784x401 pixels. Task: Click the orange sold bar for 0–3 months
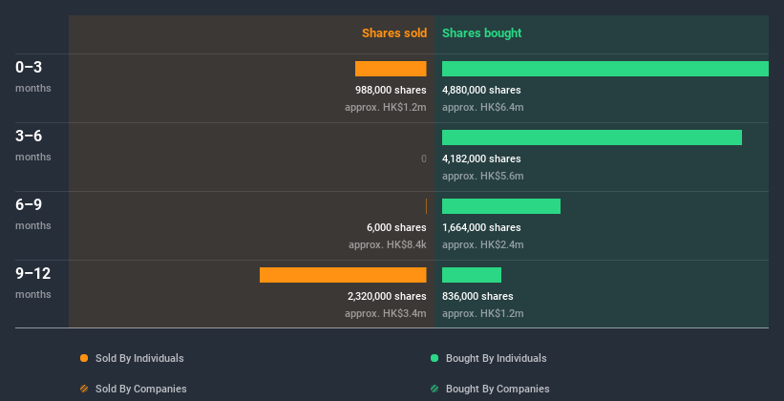pyautogui.click(x=391, y=69)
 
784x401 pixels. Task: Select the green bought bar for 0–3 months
pyautogui.click(x=604, y=69)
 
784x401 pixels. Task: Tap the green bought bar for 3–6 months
pyautogui.click(x=591, y=137)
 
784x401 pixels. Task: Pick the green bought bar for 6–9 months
pyautogui.click(x=500, y=206)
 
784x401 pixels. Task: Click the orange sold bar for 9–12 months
pyautogui.click(x=343, y=275)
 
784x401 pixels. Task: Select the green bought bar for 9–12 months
pyautogui.click(x=471, y=275)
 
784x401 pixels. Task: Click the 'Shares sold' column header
pyautogui.click(x=393, y=33)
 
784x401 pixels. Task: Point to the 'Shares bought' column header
pyautogui.click(x=481, y=33)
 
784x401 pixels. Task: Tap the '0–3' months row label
pyautogui.click(x=29, y=68)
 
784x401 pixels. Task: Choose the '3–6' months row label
pyautogui.click(x=29, y=137)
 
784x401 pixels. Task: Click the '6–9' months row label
pyautogui.click(x=29, y=205)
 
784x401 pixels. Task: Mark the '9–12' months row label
pyautogui.click(x=32, y=274)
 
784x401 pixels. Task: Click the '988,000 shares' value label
pyautogui.click(x=391, y=90)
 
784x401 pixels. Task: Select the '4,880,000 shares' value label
pyautogui.click(x=481, y=90)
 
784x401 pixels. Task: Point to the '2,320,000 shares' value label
pyautogui.click(x=387, y=296)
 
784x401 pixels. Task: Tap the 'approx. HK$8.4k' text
pyautogui.click(x=387, y=244)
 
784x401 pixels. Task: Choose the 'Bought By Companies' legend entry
pyautogui.click(x=497, y=389)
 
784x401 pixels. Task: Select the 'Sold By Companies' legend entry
pyautogui.click(x=140, y=389)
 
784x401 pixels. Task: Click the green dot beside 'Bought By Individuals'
pyautogui.click(x=434, y=358)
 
